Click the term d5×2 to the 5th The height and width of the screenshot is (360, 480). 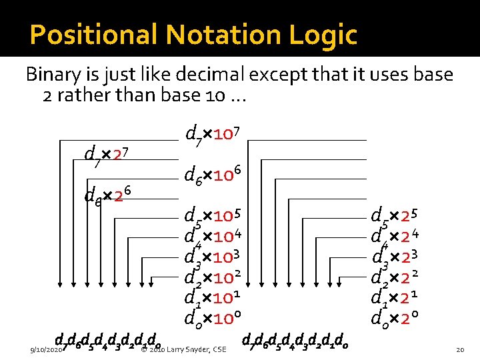pyautogui.click(x=400, y=217)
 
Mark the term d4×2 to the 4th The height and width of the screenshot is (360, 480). pyautogui.click(x=400, y=237)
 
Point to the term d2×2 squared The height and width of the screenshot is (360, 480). pyautogui.click(x=400, y=277)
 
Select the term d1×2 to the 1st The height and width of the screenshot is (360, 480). pyautogui.click(x=400, y=297)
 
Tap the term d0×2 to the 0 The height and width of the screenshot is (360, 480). pyautogui.click(x=400, y=316)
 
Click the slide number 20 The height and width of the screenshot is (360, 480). pyautogui.click(x=459, y=349)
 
